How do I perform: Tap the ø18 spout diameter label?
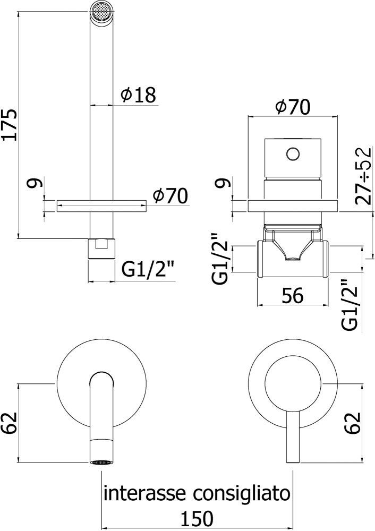pos(138,95)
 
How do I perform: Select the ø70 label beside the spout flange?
pos(170,196)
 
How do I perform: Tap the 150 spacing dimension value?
pos(197,517)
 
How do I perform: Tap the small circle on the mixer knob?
pos(293,153)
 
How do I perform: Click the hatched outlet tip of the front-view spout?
pos(101,461)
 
